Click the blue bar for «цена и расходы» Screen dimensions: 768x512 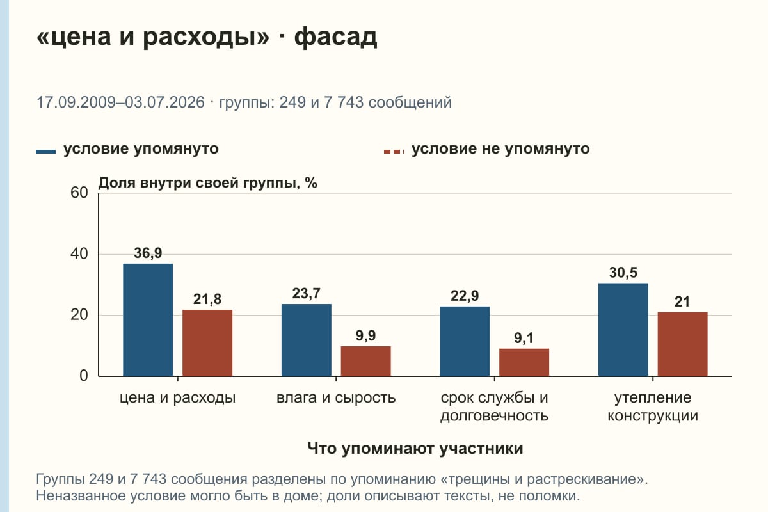[148, 319]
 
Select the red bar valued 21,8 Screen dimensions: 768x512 [207, 343]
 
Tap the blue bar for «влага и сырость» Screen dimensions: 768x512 [306, 340]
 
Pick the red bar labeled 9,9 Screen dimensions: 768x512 [365, 361]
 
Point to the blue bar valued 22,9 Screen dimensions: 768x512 [465, 341]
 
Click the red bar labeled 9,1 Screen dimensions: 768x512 [524, 362]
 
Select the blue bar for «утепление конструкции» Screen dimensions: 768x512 [623, 330]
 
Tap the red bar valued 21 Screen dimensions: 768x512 [682, 344]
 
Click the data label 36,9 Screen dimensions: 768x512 [148, 253]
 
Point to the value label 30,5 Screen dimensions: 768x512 [623, 273]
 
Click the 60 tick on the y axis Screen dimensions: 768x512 [79, 193]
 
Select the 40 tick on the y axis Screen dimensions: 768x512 [79, 254]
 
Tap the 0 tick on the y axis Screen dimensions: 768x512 [84, 376]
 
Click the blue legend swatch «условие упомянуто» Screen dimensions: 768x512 [45, 152]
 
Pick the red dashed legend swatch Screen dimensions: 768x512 [394, 152]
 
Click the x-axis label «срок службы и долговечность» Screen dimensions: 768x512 [494, 406]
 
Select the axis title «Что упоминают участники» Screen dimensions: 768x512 [415, 449]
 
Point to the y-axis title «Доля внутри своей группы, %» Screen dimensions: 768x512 [207, 183]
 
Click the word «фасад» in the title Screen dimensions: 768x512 [335, 36]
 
